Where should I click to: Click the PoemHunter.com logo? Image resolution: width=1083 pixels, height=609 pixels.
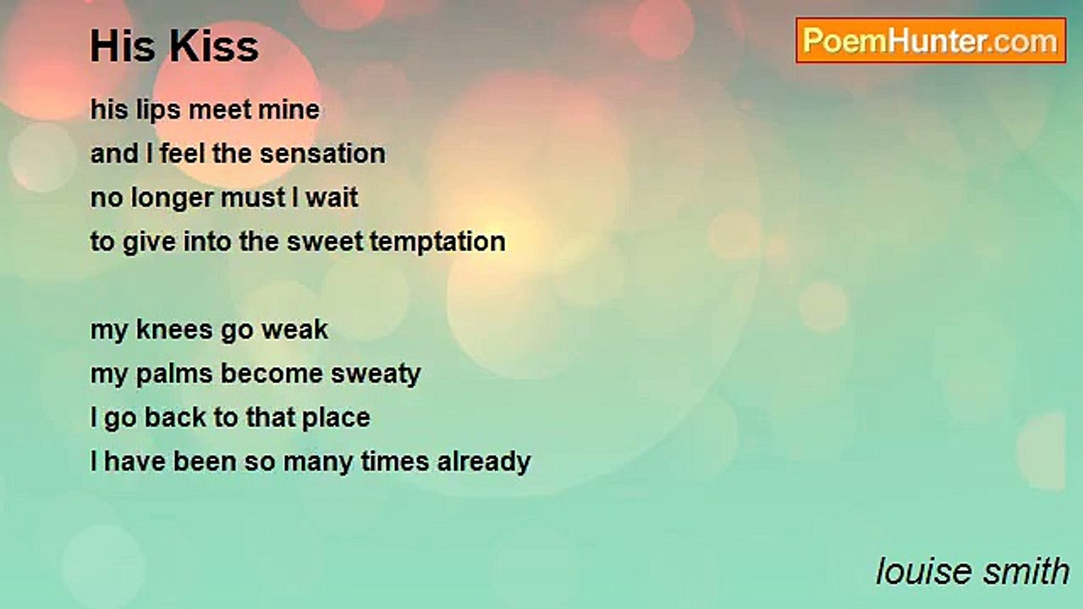[x=931, y=41]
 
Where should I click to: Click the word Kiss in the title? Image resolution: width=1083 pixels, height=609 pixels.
[x=214, y=47]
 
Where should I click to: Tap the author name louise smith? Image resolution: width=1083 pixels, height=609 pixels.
[x=973, y=571]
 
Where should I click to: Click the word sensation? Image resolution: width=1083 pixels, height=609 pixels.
[x=323, y=154]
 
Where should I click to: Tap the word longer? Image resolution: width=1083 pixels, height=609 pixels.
[x=172, y=199]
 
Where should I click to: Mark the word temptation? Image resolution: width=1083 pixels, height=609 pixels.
[x=438, y=242]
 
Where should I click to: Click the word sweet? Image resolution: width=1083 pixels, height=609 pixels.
[x=324, y=242]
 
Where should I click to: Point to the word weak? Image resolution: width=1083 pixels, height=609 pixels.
[x=294, y=330]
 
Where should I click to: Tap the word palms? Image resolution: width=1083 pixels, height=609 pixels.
[x=174, y=375]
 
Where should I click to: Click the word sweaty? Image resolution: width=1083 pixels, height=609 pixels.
[x=376, y=375]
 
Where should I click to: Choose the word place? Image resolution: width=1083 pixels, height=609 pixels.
[x=336, y=418]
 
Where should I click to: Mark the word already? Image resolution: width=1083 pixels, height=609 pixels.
[x=484, y=462]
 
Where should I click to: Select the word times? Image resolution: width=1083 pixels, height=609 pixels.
[x=395, y=462]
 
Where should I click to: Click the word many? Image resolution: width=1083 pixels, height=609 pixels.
[x=318, y=463]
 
